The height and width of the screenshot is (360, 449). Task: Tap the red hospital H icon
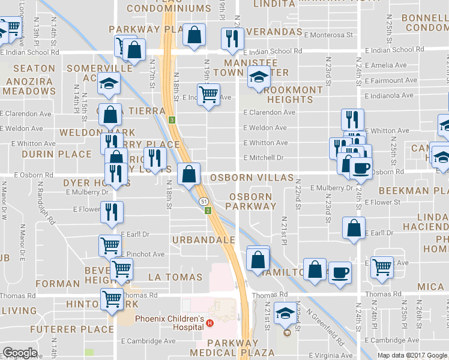[210, 323]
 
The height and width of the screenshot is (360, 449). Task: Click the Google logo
[20, 353]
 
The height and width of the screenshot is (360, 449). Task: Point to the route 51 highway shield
[205, 202]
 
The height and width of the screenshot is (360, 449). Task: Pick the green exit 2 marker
[208, 211]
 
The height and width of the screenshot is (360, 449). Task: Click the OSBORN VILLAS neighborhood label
[252, 178]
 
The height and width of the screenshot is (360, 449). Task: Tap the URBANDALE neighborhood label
[203, 240]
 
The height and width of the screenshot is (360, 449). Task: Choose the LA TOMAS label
[175, 277]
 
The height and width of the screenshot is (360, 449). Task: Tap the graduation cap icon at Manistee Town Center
[259, 77]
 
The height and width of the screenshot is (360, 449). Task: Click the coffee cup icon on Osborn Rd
[361, 167]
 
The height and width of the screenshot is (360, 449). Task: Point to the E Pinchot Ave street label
[143, 254]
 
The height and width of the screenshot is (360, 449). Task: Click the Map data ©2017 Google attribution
[412, 355]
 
